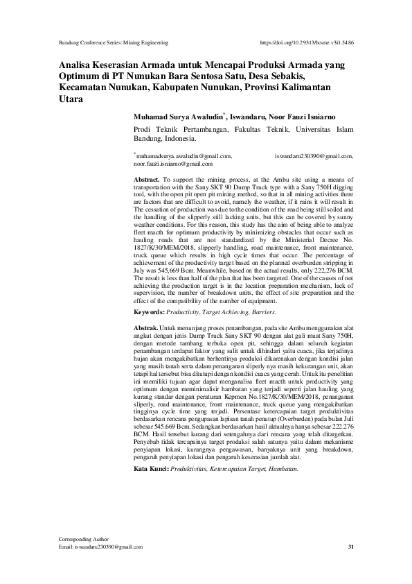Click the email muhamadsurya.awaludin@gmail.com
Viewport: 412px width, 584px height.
(183, 157)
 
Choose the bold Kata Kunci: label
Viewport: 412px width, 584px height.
(152, 451)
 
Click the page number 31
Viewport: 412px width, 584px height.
(350, 547)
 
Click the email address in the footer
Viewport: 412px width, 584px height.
(105, 547)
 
